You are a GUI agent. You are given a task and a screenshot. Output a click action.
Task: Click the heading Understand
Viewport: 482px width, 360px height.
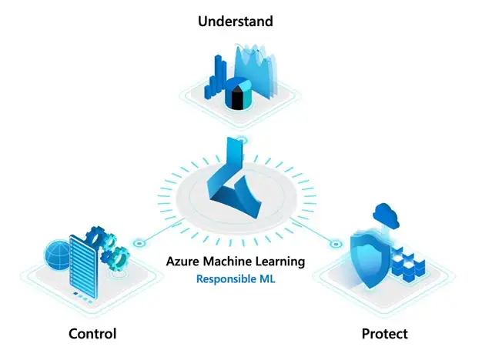coord(235,21)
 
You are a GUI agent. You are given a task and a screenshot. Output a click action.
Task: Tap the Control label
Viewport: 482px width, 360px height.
coord(92,333)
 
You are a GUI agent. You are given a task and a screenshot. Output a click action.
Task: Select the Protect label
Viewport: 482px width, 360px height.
coord(384,333)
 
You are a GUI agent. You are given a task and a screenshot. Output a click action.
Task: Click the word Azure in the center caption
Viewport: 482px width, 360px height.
coord(182,262)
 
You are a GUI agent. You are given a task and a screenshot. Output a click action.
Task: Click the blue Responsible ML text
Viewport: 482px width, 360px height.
coord(235,279)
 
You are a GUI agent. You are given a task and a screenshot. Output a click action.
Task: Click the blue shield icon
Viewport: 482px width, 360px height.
coord(370,254)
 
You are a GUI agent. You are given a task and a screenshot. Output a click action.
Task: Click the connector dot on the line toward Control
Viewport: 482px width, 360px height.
coord(139,242)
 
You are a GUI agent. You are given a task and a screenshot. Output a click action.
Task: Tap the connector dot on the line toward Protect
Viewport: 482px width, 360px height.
coord(335,244)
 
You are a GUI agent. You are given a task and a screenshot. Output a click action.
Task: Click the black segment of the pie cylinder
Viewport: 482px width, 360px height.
coord(235,101)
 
